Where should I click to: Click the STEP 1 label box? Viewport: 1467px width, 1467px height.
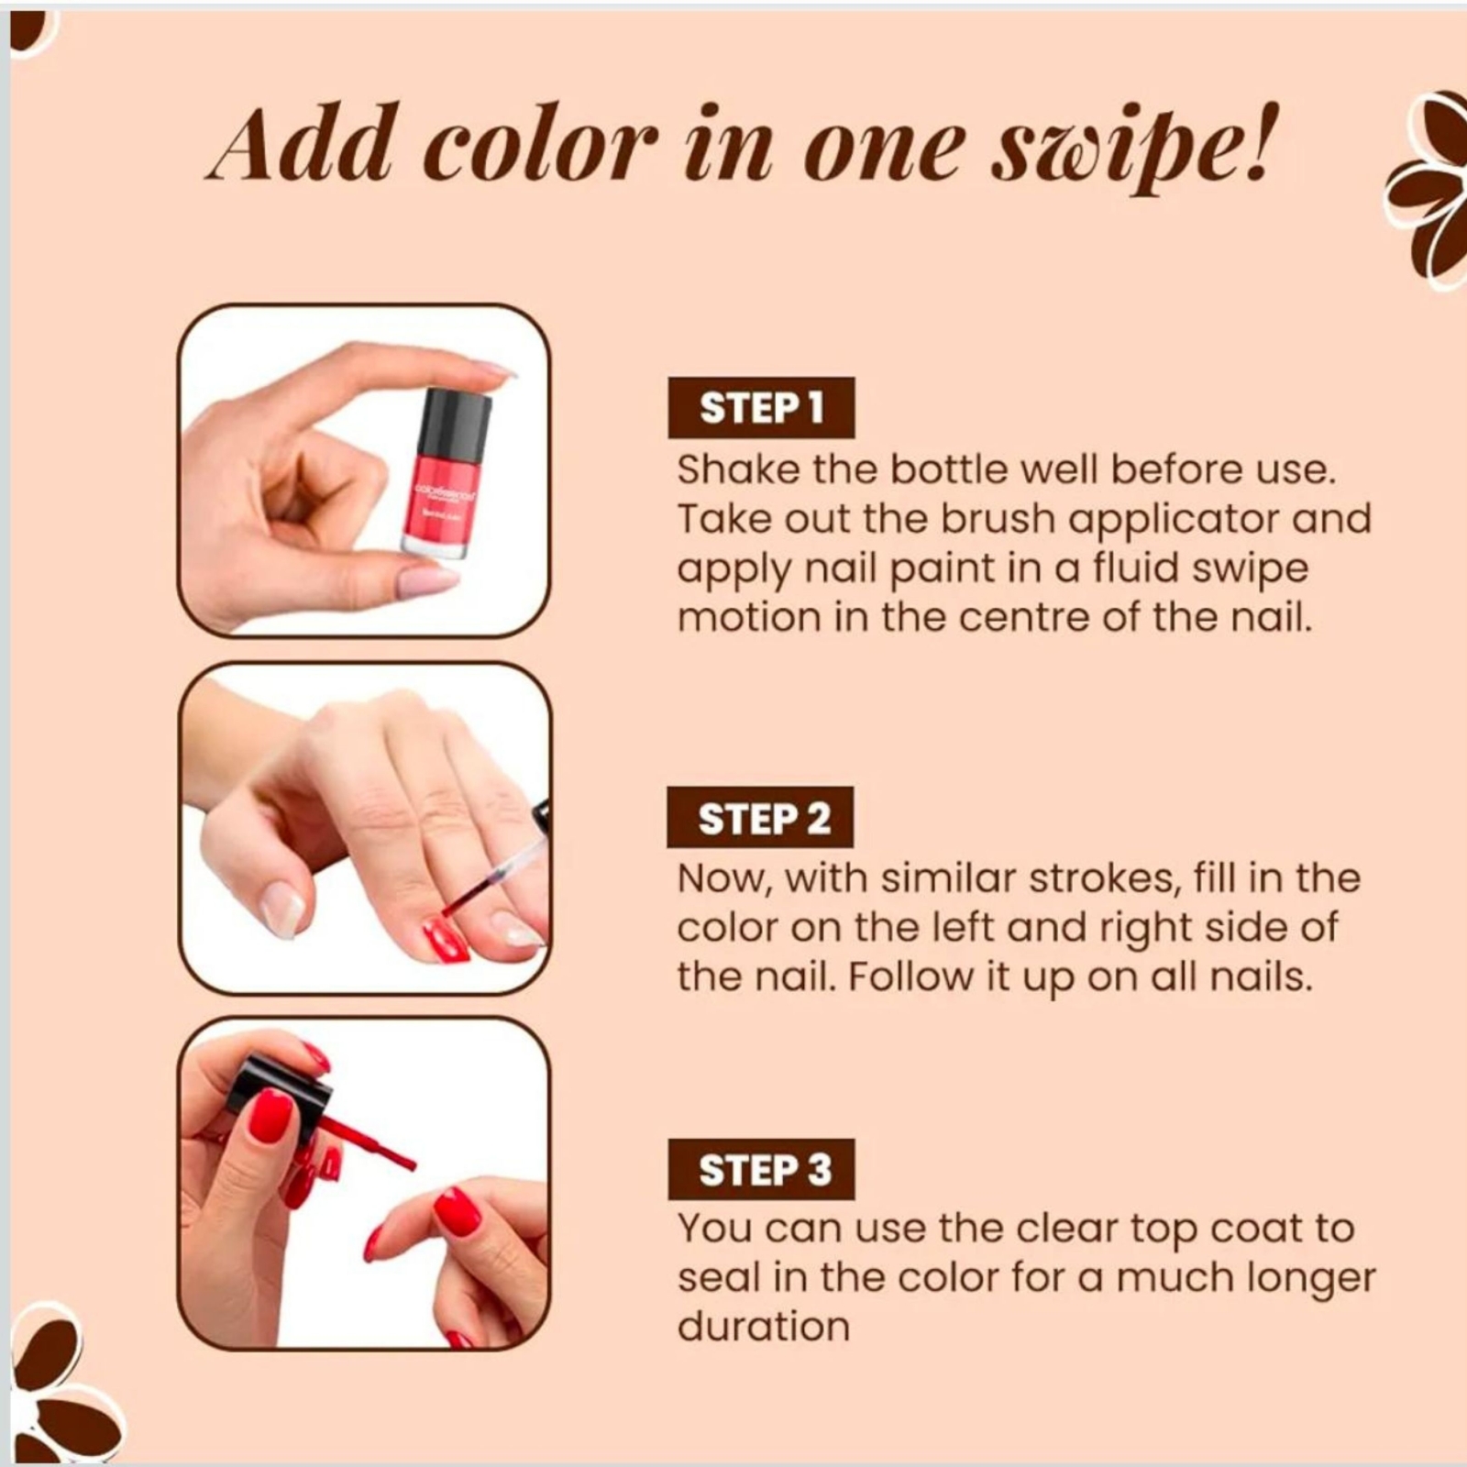(x=761, y=408)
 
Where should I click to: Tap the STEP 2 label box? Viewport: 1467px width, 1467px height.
(x=760, y=817)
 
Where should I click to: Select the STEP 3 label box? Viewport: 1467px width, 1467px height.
(x=761, y=1170)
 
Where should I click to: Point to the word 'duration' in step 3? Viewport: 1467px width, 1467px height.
(x=763, y=1327)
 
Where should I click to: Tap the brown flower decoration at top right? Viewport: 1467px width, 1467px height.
(x=1428, y=190)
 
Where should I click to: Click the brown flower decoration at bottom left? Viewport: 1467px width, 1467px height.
(x=60, y=1384)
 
